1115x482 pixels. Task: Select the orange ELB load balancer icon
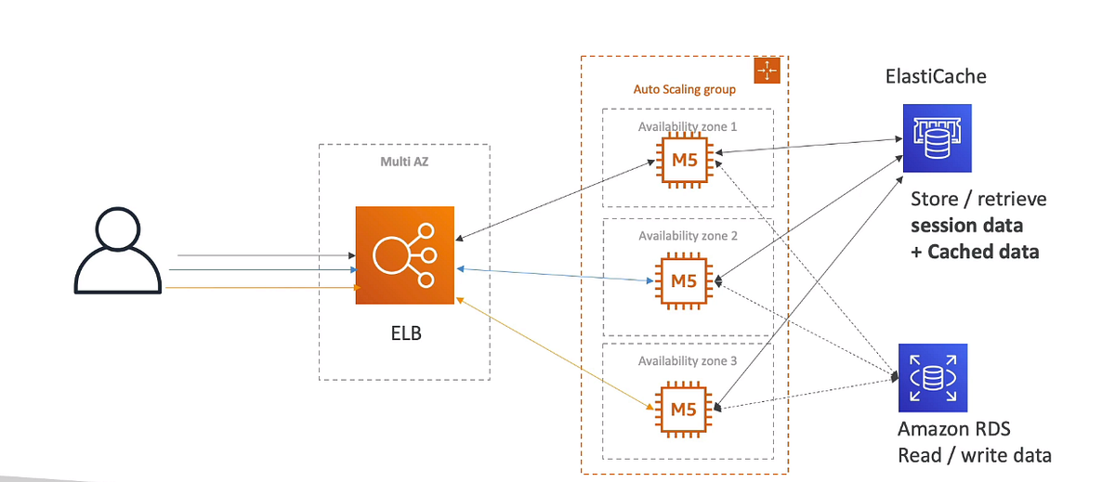point(405,255)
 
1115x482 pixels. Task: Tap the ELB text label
point(405,332)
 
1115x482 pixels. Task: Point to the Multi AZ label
point(404,161)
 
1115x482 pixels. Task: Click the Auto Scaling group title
point(685,90)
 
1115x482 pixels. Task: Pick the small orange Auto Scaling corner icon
point(768,72)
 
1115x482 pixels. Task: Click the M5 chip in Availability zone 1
point(684,161)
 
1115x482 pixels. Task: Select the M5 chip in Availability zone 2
point(684,280)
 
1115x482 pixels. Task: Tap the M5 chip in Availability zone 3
point(684,408)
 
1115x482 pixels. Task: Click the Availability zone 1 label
point(689,126)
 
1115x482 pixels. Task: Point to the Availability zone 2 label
point(689,236)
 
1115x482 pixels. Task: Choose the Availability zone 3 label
point(689,360)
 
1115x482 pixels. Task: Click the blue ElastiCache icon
point(937,138)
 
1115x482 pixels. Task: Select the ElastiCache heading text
point(936,76)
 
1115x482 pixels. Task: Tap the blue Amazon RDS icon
point(933,378)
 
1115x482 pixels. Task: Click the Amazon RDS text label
point(953,430)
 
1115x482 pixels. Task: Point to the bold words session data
point(966,226)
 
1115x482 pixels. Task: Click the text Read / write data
point(974,456)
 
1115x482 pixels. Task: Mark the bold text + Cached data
point(975,252)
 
